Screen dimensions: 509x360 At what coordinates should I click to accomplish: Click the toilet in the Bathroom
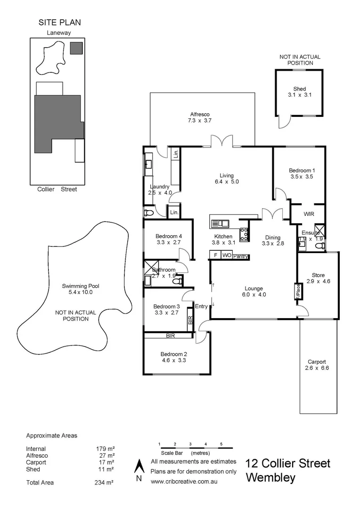(x=177, y=281)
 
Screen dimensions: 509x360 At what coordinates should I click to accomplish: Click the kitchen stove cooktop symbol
(x=244, y=234)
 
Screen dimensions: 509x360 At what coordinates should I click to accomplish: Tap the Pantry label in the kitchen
(x=240, y=256)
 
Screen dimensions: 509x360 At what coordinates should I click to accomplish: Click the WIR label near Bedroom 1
(x=309, y=213)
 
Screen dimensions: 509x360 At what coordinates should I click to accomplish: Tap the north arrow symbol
(x=139, y=466)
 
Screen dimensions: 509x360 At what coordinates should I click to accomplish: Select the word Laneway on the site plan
(x=58, y=33)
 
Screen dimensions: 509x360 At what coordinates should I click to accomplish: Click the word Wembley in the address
(x=271, y=478)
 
